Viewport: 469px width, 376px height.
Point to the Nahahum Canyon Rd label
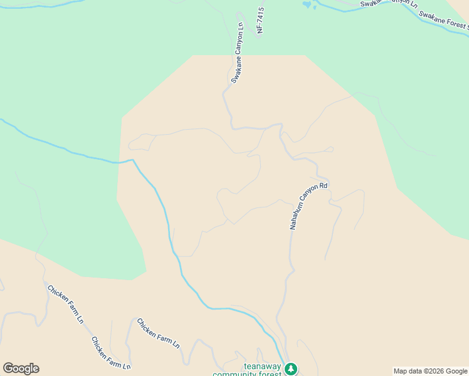pos(308,206)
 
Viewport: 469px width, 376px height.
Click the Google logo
pos(21,368)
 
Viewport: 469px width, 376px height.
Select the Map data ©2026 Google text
pos(430,371)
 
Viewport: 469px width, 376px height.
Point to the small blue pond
pos(307,5)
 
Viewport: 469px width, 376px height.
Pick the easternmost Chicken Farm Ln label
pos(158,333)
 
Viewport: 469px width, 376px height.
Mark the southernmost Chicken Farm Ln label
pos(110,353)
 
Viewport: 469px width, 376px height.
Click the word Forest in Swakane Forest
pos(458,26)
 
